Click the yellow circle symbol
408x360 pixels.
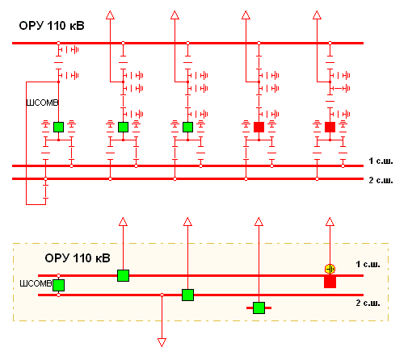click(x=330, y=269)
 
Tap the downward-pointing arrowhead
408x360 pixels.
click(x=162, y=342)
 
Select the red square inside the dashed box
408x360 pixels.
click(x=330, y=282)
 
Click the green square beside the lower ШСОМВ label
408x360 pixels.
click(x=58, y=285)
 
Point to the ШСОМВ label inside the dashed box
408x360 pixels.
click(x=36, y=283)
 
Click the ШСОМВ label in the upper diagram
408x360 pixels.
click(x=42, y=103)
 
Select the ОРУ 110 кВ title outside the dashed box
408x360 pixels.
click(x=52, y=26)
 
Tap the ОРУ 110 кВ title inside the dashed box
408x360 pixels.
click(x=78, y=258)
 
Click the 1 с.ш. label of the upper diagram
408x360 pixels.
click(x=381, y=161)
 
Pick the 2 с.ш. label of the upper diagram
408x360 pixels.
click(x=381, y=180)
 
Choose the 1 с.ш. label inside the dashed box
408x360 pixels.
click(x=368, y=264)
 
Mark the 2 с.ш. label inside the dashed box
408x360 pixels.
click(x=368, y=303)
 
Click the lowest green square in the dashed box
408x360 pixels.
click(x=259, y=308)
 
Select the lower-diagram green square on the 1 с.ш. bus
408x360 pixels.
click(x=123, y=275)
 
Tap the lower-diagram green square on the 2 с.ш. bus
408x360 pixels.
click(x=187, y=295)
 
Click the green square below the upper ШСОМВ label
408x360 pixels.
click(x=58, y=127)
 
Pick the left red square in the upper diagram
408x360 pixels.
click(x=259, y=127)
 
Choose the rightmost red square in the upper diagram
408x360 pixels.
click(x=330, y=127)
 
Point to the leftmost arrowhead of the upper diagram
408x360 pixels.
click(x=110, y=15)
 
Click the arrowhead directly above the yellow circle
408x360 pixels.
click(x=330, y=222)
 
